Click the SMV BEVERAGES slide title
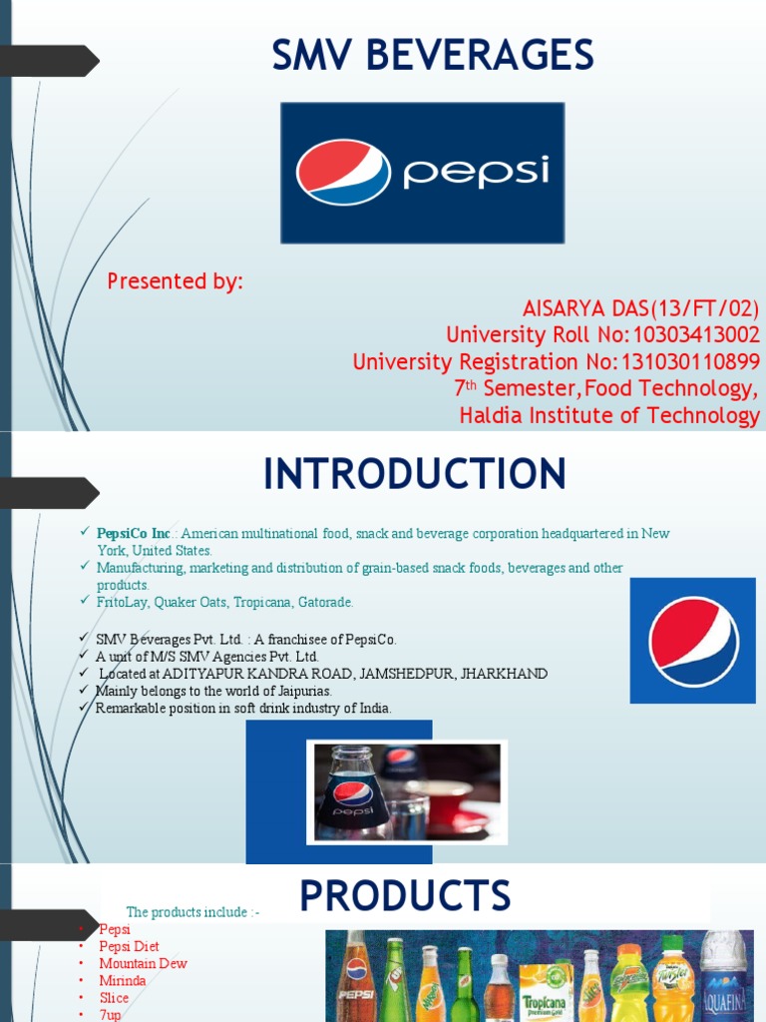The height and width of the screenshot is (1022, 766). (433, 55)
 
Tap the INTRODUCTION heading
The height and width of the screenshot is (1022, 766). (415, 474)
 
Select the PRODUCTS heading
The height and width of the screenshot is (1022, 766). (405, 896)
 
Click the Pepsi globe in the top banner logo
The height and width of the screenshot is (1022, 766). (343, 173)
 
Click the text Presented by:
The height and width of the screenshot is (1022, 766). (176, 281)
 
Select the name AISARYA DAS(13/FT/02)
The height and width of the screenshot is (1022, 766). (641, 308)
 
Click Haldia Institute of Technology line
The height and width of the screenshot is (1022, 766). (609, 415)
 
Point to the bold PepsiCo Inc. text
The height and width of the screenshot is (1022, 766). (134, 534)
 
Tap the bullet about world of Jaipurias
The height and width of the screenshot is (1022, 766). (213, 691)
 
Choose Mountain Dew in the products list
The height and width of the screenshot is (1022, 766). (143, 964)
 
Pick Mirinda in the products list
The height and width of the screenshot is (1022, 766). (123, 981)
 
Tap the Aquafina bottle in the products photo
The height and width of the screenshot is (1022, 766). (723, 978)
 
